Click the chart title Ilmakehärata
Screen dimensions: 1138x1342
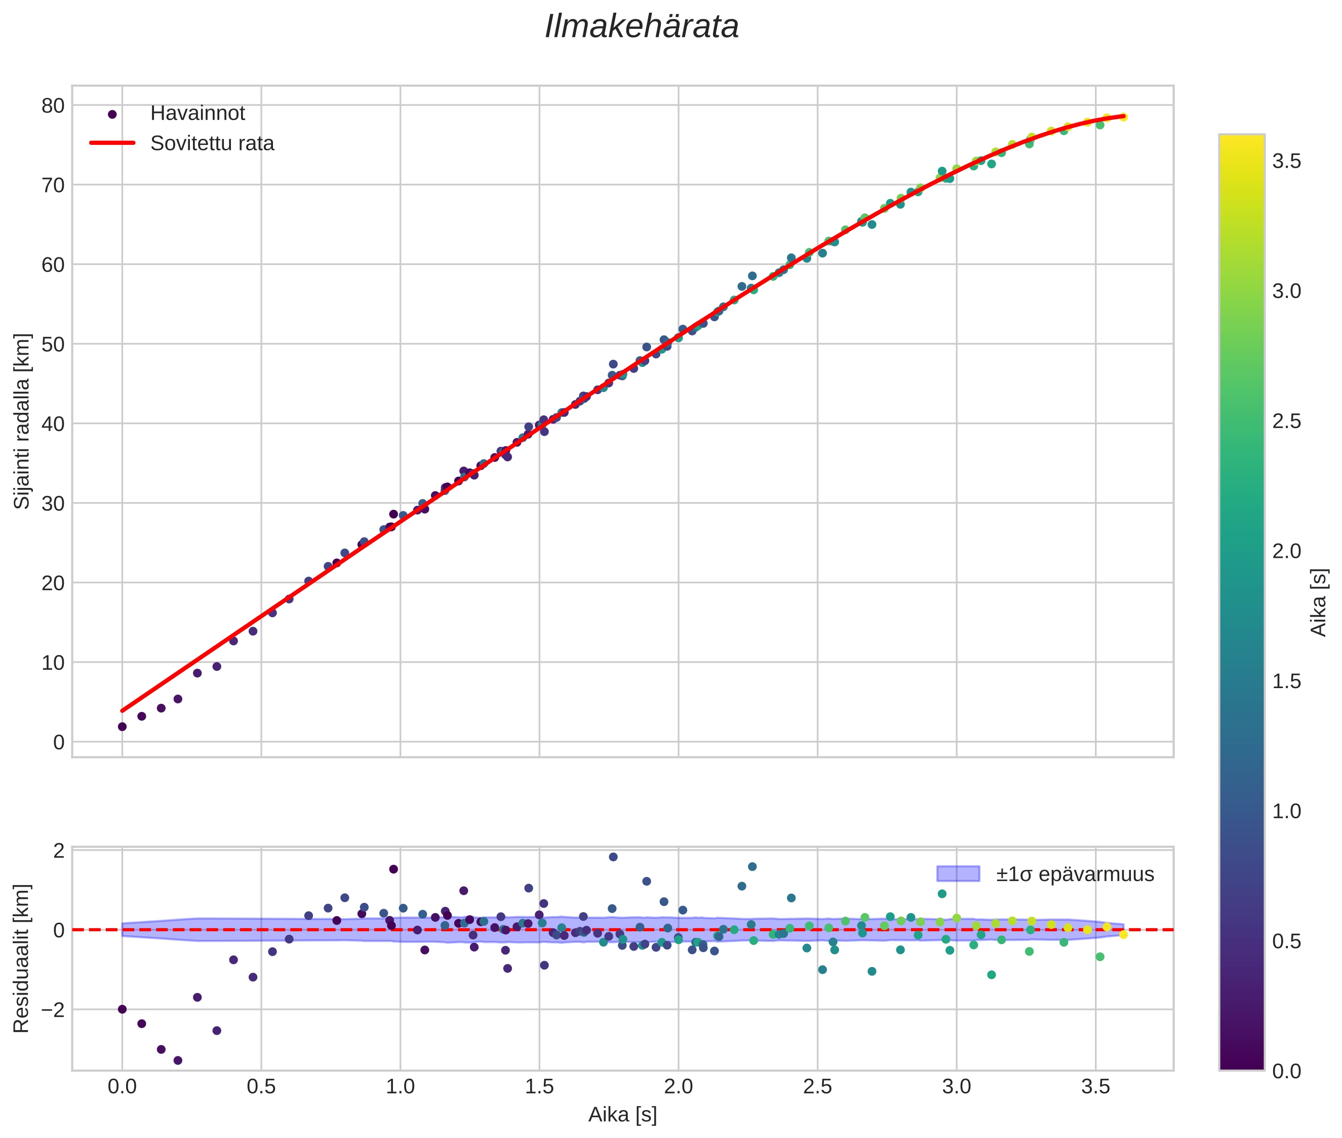coord(641,27)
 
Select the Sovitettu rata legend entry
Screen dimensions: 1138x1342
coord(212,143)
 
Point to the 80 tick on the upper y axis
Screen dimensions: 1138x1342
coord(53,106)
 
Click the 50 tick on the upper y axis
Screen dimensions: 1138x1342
coord(53,345)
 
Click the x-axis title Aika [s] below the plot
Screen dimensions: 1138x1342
coord(622,1115)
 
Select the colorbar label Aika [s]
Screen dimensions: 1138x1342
coord(1319,602)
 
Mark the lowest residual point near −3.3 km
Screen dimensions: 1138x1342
coord(178,1060)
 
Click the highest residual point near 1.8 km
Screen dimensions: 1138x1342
coord(613,857)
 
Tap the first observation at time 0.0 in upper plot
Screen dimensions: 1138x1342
coord(123,727)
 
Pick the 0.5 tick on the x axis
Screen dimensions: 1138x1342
coord(261,1086)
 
